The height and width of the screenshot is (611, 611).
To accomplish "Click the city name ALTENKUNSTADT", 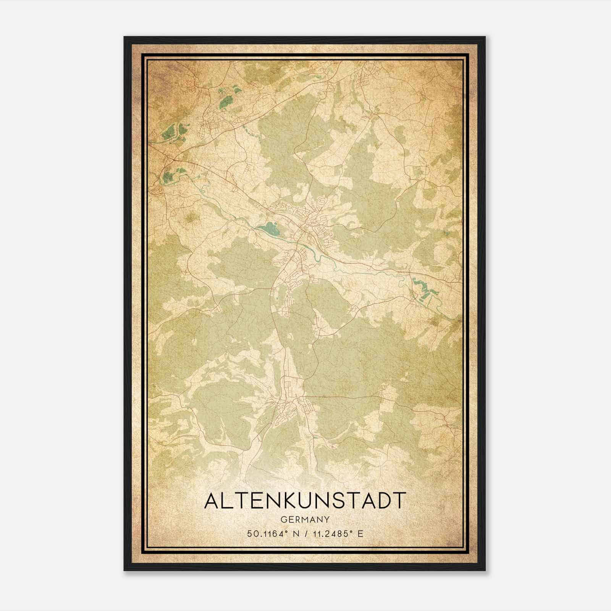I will tap(304, 501).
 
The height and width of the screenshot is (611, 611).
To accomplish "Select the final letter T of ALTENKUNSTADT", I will tap(398, 501).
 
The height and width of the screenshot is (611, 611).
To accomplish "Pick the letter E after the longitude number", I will tap(360, 533).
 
